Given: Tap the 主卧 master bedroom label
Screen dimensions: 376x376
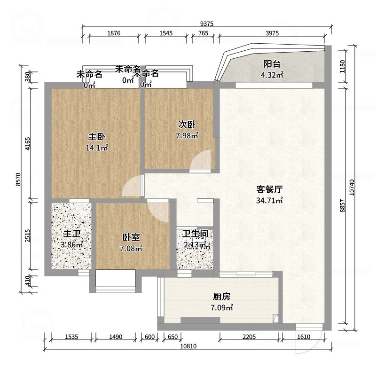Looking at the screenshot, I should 97,137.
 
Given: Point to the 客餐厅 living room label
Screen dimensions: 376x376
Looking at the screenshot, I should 269,190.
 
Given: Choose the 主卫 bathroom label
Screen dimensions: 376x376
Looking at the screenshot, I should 72,234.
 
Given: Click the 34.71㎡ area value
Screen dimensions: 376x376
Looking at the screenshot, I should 269,201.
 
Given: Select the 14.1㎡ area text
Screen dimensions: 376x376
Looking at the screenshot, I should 97,148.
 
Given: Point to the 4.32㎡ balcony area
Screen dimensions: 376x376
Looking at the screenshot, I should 272,75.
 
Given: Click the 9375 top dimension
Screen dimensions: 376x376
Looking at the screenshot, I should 206,23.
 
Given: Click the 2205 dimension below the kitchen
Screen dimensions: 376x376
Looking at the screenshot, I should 250,337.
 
